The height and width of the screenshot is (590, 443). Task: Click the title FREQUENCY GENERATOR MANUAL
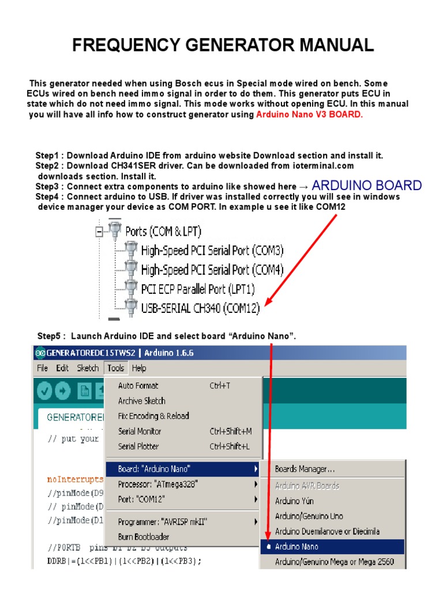[x=223, y=45]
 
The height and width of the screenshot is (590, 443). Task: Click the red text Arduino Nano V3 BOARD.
[x=310, y=114]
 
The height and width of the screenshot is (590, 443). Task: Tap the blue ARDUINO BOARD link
[x=366, y=186]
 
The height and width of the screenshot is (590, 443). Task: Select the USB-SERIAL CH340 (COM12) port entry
[x=200, y=308]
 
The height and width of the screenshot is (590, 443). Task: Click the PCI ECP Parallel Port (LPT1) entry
[x=198, y=288]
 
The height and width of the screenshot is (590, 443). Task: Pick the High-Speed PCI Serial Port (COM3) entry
[x=212, y=250]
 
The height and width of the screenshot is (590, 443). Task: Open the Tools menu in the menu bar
[x=115, y=368]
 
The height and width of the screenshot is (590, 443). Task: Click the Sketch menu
[x=88, y=368]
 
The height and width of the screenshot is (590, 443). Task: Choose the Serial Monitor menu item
[x=140, y=431]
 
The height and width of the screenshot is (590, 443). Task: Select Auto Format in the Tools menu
[x=138, y=385]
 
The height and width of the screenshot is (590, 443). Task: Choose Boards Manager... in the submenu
[x=305, y=469]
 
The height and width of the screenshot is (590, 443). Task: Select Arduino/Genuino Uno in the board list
[x=309, y=516]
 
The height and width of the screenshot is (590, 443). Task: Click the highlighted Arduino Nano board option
[x=296, y=546]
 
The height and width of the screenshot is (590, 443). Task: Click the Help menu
[x=138, y=368]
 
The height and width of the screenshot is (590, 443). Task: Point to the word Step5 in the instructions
[x=50, y=336]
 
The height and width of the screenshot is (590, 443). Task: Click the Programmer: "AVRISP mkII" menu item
[x=162, y=521]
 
